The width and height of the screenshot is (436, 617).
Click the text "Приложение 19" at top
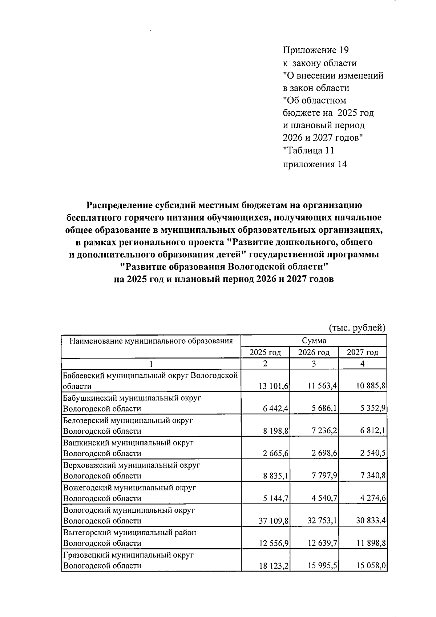tap(315, 50)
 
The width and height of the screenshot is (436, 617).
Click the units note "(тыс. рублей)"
tap(357, 328)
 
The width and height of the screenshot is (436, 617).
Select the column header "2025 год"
tap(265, 352)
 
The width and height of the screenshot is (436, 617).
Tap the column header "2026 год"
tap(314, 352)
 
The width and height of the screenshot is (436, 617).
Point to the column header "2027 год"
tap(362, 352)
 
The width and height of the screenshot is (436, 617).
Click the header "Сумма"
tap(314, 341)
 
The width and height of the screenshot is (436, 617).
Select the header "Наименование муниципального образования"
tap(151, 341)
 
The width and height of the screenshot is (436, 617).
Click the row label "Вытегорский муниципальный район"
tap(129, 533)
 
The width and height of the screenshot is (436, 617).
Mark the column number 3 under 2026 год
tap(314, 364)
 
